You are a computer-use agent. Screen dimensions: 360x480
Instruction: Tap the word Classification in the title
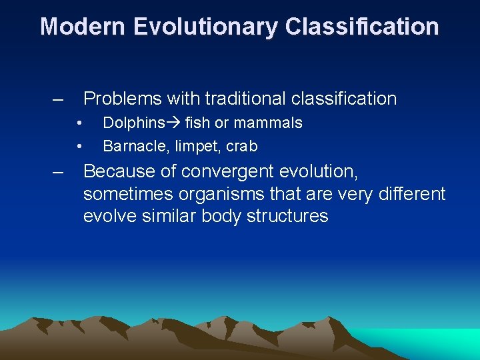click(x=362, y=27)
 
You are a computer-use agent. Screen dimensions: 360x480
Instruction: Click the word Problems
click(x=122, y=99)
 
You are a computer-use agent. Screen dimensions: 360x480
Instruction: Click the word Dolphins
click(x=133, y=123)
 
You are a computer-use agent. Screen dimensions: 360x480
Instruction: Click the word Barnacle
click(x=131, y=146)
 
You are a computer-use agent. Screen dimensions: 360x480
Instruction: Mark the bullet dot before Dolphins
click(x=79, y=123)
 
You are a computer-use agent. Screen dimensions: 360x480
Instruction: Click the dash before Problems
click(x=59, y=99)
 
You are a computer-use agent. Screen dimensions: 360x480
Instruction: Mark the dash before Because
click(x=59, y=172)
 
